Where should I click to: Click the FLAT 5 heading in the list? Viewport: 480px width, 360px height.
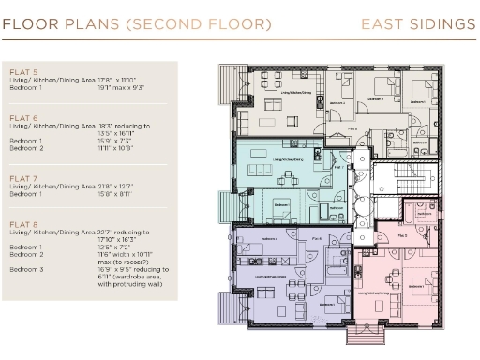click(22, 71)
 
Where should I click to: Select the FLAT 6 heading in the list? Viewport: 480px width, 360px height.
click(22, 116)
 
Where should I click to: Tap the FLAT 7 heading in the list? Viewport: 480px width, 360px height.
click(22, 175)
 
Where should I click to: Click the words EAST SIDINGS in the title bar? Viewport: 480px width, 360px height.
click(418, 23)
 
